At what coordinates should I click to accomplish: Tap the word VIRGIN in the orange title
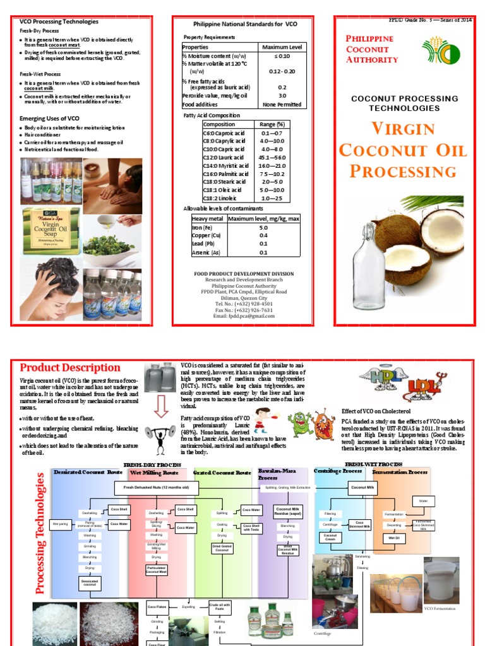pos(403,129)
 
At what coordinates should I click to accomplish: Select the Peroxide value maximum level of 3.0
pos(282,96)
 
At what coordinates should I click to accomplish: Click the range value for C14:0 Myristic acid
pos(272,165)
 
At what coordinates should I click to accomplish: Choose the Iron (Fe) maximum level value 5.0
pos(263,227)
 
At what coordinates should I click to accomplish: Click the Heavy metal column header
pos(208,218)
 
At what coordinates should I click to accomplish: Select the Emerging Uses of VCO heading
pos(49,118)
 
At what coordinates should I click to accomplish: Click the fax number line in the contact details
pos(244,310)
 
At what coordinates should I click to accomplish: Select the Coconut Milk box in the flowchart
pos(363,487)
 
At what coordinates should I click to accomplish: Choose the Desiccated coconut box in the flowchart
pos(90,584)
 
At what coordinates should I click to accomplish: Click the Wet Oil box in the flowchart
pos(393,537)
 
